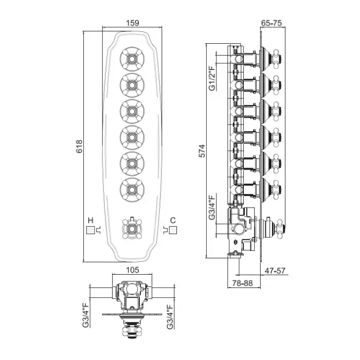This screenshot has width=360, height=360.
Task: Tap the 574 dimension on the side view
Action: click(x=202, y=151)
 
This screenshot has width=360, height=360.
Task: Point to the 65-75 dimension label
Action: click(x=272, y=23)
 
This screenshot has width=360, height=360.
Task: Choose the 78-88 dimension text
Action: click(x=241, y=283)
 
